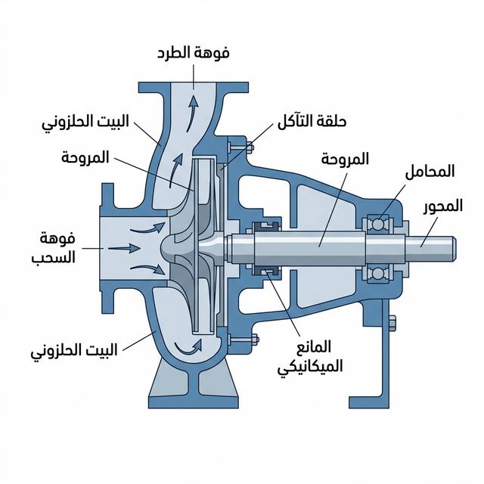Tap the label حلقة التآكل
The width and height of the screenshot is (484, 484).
[310, 121]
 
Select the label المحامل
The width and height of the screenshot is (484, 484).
[430, 171]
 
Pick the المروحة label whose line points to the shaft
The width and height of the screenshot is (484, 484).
[345, 159]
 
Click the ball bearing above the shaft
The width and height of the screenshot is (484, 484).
[376, 223]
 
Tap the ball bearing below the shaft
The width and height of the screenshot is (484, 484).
[376, 272]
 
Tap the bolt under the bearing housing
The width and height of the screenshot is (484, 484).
[392, 323]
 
